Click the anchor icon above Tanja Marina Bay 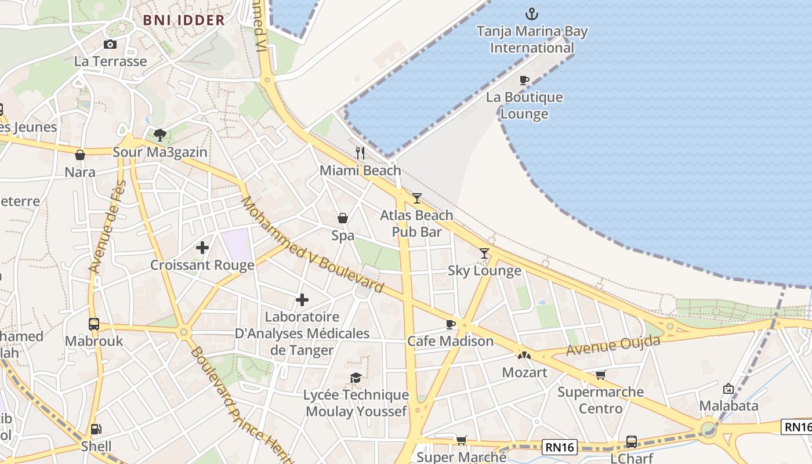[x=531, y=14]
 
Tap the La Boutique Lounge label [x=524, y=106]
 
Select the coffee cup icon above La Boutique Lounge [x=524, y=80]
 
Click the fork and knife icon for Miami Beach [x=360, y=153]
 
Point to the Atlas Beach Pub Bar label [x=416, y=223]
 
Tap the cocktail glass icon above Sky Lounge [x=484, y=253]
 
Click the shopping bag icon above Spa [x=343, y=218]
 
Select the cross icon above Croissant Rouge [x=202, y=248]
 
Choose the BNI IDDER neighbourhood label [x=184, y=20]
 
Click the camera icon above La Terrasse [x=110, y=44]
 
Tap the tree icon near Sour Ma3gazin [x=160, y=135]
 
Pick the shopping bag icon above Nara [x=80, y=155]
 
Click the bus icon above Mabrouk [x=93, y=324]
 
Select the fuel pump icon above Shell [x=96, y=429]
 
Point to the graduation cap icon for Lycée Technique [x=356, y=378]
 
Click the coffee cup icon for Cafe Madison [x=450, y=324]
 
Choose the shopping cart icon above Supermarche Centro [x=600, y=375]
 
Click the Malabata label [x=728, y=405]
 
